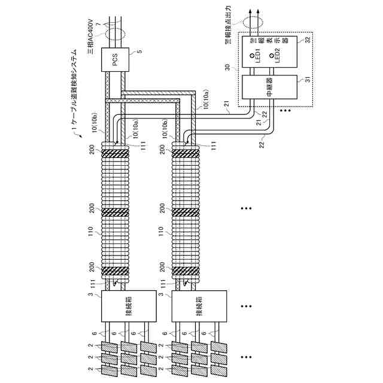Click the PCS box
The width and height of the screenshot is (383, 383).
point(115,60)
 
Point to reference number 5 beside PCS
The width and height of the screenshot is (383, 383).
point(140,51)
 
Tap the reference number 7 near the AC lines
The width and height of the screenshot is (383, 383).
point(98,25)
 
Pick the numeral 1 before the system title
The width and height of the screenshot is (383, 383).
point(74,128)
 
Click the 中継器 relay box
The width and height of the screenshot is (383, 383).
point(270,87)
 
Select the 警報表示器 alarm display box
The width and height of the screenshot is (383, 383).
point(270,52)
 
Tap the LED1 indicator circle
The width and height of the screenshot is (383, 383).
point(252,56)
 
